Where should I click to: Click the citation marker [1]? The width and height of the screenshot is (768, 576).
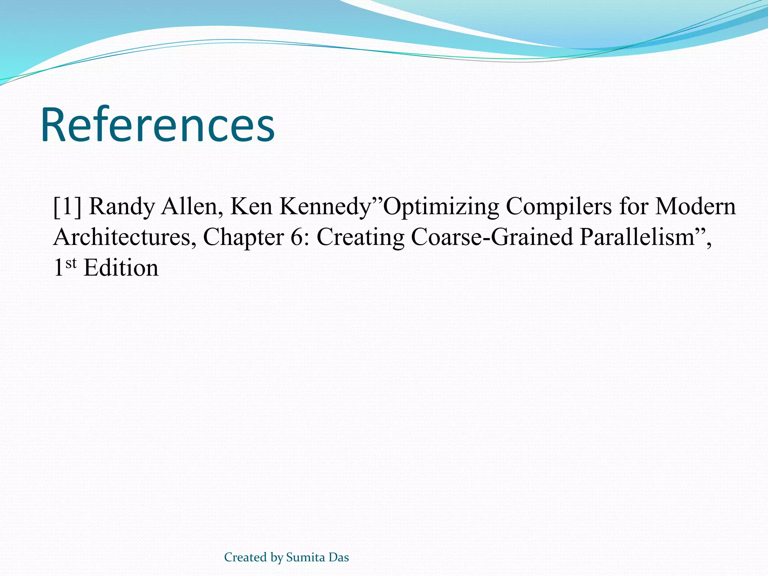pos(67,207)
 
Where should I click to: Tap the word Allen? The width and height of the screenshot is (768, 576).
pos(189,207)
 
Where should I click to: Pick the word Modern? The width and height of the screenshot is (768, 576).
pos(695,207)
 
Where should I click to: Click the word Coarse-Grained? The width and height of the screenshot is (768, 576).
pos(492,238)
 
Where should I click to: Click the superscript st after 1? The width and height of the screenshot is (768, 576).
pos(71,264)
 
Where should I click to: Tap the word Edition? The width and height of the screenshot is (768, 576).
pos(121,268)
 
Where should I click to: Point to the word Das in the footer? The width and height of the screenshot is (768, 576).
pos(339,557)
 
